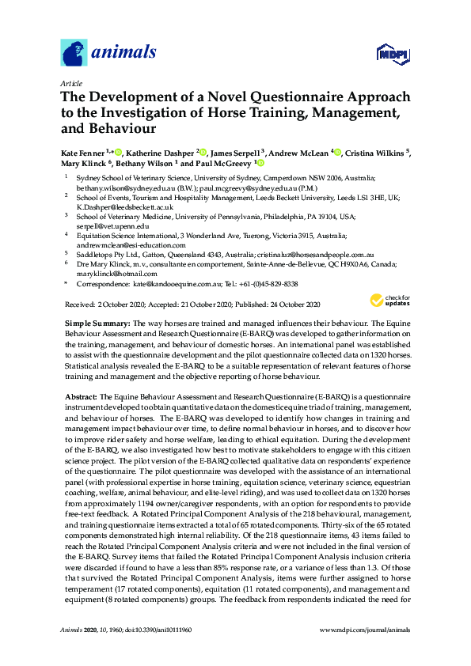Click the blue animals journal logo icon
74,54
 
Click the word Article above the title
71,82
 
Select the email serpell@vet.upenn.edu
111,225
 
